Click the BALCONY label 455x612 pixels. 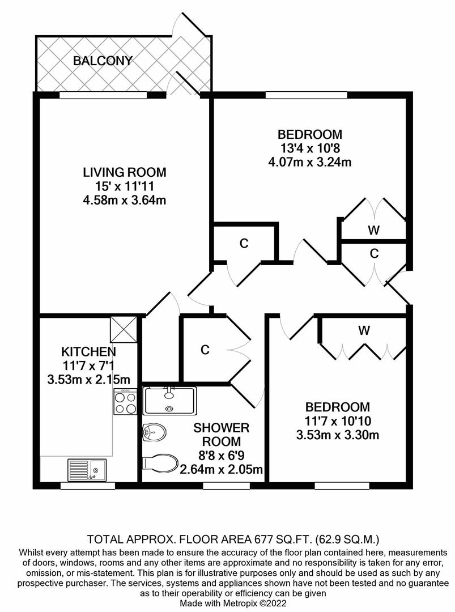pos(103,61)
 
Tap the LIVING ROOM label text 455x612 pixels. pos(124,172)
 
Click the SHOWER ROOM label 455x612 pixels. pos(221,435)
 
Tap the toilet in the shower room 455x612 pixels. pos(161,462)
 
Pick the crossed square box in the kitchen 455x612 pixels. pos(124,329)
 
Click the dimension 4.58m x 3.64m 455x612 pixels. pos(124,199)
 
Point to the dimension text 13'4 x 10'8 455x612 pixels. pos(309,148)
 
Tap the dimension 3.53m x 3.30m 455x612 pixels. pos(337,435)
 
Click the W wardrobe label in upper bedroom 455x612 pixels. pos(373,230)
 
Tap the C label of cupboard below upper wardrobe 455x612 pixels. pos(374,254)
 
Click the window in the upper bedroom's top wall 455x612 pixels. pos(307,95)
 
